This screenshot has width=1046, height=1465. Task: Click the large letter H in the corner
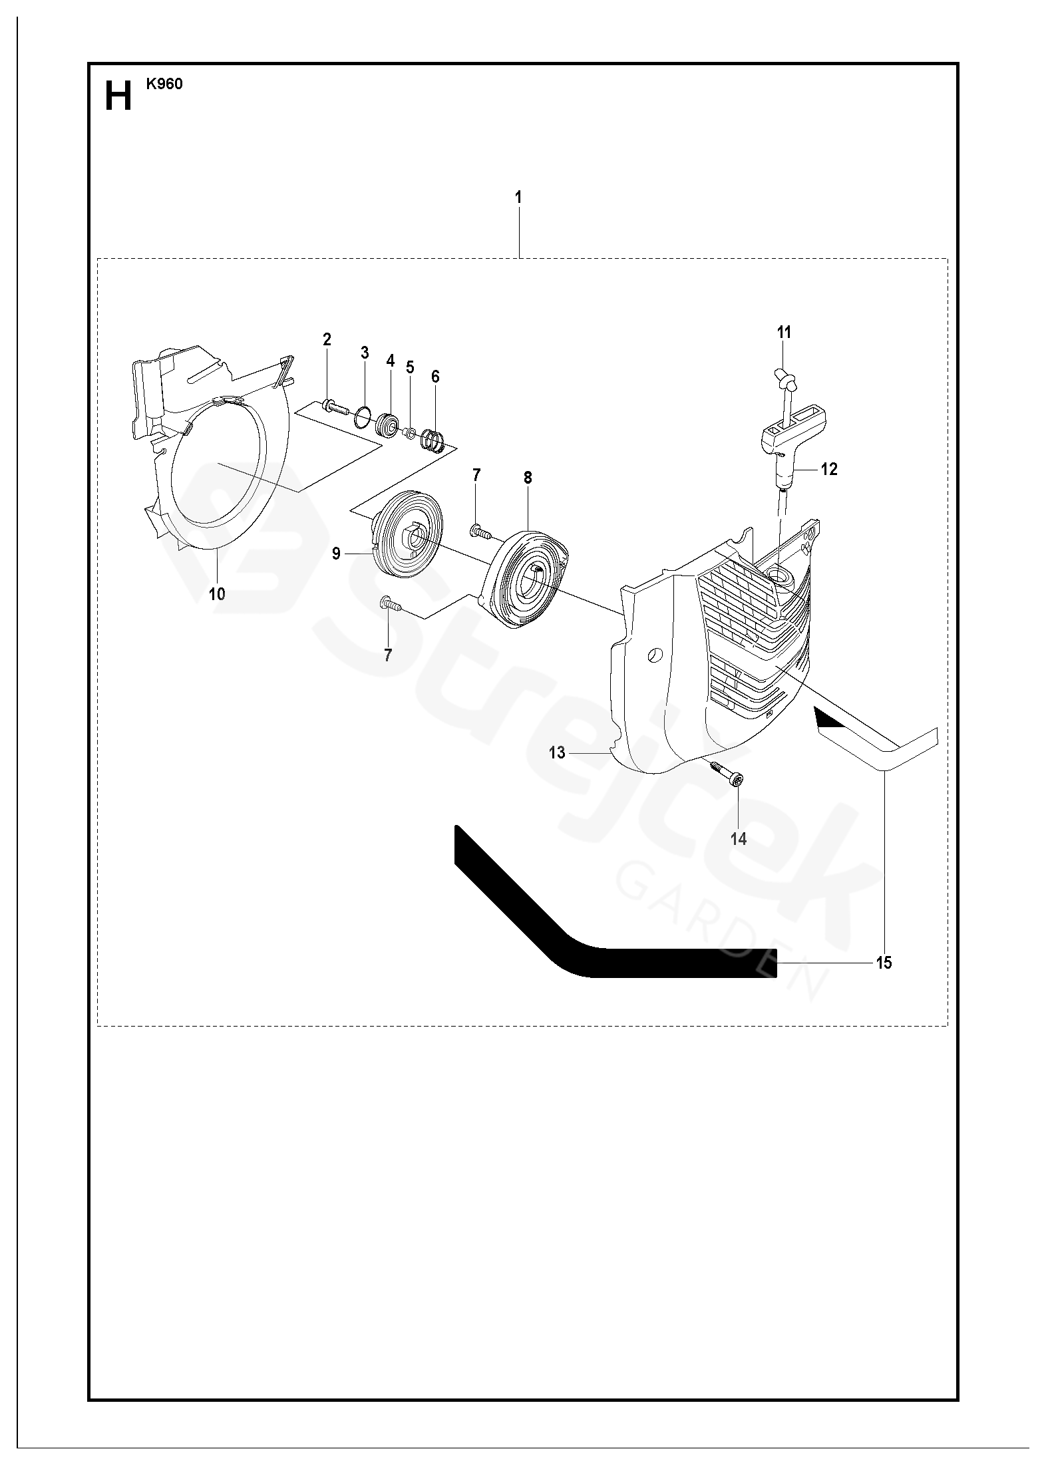(x=118, y=97)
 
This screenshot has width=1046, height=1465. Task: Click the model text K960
(x=164, y=84)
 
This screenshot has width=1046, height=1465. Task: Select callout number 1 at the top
(x=518, y=198)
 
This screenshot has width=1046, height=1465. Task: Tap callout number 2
(x=327, y=339)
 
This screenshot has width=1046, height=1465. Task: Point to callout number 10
(x=218, y=594)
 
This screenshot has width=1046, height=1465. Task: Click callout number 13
(x=557, y=752)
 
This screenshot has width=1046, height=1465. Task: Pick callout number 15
(x=884, y=963)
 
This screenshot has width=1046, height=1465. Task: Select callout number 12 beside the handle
(x=829, y=469)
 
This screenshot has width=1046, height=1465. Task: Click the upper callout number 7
(x=476, y=475)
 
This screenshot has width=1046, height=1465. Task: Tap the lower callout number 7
(x=388, y=655)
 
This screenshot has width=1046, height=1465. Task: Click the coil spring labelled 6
(x=434, y=440)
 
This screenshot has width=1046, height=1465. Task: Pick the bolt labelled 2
(x=336, y=407)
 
